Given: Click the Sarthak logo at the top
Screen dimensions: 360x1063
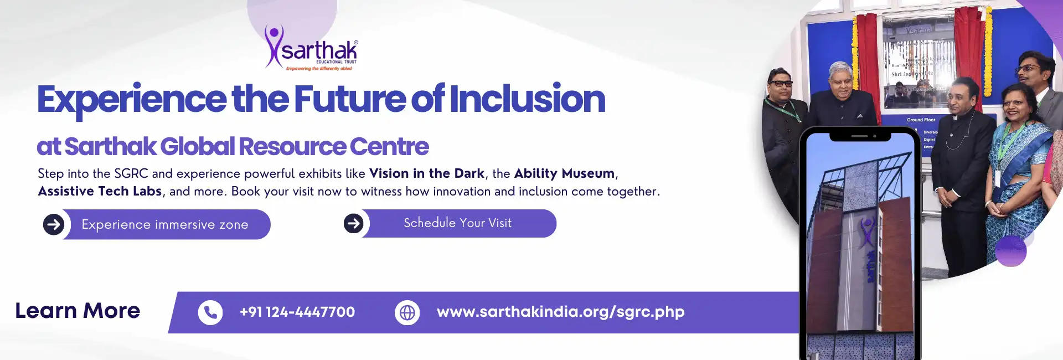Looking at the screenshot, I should click(x=312, y=49).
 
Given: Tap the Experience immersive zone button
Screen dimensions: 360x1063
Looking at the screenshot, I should click(x=165, y=224).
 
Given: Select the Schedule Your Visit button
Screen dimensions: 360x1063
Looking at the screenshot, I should click(x=458, y=223).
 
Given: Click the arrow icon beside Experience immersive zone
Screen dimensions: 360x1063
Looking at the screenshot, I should click(x=54, y=224).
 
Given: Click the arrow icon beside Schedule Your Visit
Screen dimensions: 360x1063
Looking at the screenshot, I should click(x=353, y=223).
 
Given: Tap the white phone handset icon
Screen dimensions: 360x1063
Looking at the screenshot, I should click(x=210, y=313).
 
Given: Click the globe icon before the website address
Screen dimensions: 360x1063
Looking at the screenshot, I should click(x=407, y=313).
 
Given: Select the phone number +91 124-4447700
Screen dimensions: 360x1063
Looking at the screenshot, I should click(x=297, y=312).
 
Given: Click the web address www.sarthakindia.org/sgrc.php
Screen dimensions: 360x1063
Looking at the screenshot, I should click(x=560, y=312).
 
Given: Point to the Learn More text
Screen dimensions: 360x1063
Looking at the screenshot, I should click(x=78, y=311).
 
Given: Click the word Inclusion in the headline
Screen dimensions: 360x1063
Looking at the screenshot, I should click(x=527, y=99).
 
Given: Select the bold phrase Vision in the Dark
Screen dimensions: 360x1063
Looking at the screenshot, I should click(x=426, y=173).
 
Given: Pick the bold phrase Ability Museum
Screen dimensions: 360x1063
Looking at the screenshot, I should click(x=564, y=173).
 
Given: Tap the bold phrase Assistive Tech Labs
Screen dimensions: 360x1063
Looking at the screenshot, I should click(x=100, y=191).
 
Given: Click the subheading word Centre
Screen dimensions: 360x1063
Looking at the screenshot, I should click(x=389, y=147).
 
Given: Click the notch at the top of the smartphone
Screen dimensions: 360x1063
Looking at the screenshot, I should click(x=860, y=136).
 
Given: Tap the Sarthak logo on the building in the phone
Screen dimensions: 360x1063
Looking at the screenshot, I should click(x=867, y=233).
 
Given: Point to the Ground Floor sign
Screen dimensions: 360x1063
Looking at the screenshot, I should click(x=921, y=120).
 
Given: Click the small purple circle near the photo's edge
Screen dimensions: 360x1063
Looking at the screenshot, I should click(x=1011, y=251).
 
